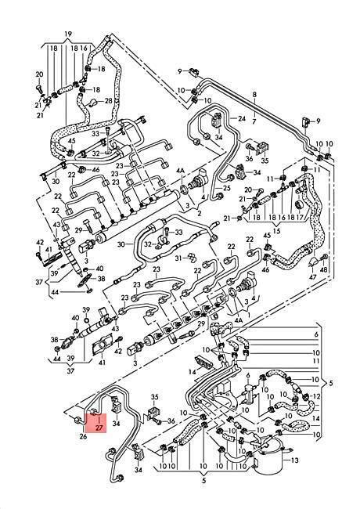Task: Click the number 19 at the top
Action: point(68,34)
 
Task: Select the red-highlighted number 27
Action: point(99,428)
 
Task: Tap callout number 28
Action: point(108,101)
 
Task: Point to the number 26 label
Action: point(83,437)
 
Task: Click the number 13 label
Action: point(295,460)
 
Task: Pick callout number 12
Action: point(316,396)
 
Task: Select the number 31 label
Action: point(178,258)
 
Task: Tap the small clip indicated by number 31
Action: point(191,258)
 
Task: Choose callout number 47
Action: point(312,277)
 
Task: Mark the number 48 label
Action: point(324,269)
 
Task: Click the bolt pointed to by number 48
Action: point(324,258)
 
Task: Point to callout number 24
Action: point(242,118)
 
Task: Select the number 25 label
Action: point(226,188)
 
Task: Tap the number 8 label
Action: point(254,95)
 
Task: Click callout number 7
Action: point(254,121)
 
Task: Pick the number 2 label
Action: point(199,214)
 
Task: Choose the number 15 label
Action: point(276,232)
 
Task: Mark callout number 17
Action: point(300,218)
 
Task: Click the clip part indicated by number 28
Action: point(92,103)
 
